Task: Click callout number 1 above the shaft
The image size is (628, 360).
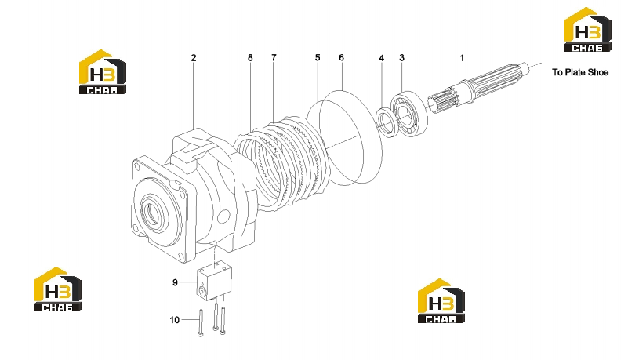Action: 462,58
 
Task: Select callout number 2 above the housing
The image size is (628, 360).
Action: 194,58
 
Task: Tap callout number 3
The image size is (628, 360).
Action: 401,58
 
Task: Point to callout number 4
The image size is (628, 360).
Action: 381,59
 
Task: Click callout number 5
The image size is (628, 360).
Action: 318,58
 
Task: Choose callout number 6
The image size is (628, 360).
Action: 341,58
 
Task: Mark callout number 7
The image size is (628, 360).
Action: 274,58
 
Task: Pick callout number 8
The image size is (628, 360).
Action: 250,58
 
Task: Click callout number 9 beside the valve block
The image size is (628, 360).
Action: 175,282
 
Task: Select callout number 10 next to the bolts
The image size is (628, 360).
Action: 175,320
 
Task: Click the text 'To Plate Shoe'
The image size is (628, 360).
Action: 580,72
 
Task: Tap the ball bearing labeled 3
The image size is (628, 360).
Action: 409,115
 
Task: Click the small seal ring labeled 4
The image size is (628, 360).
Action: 387,122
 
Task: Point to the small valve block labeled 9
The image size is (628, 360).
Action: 214,280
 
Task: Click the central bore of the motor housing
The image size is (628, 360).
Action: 153,213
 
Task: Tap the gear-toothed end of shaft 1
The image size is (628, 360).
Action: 445,103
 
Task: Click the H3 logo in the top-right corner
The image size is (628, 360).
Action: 587,30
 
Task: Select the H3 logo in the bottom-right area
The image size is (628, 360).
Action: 441,300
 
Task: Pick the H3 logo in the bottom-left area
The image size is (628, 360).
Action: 58,289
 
